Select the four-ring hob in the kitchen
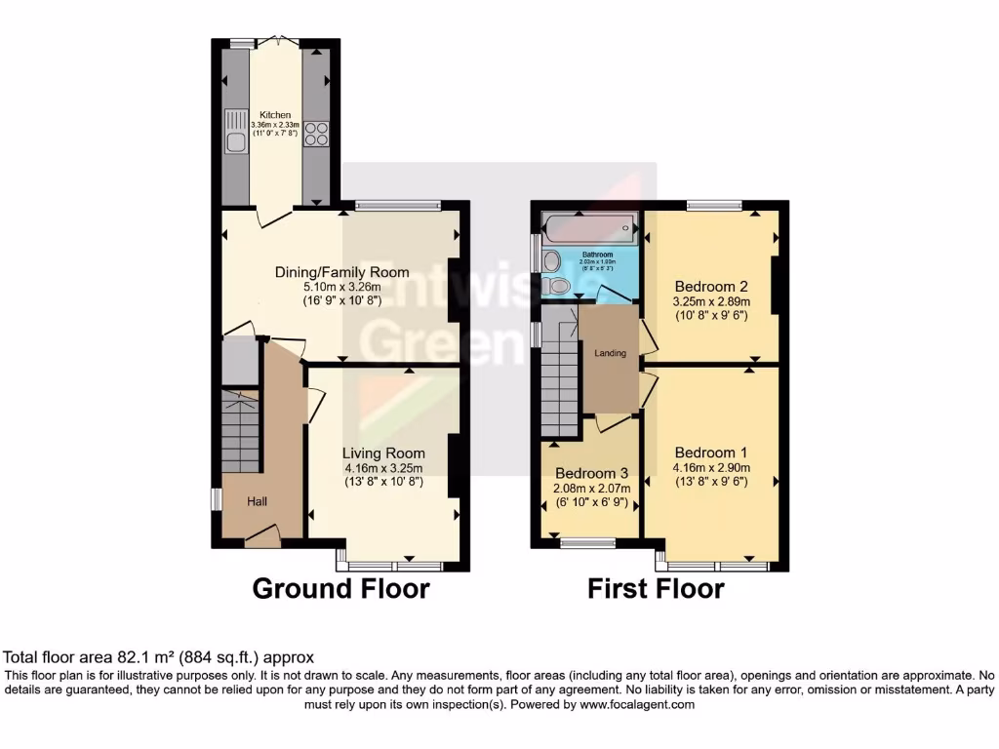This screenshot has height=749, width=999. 316,134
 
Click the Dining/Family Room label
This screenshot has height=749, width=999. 341,272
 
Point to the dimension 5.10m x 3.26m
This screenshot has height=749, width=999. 341,288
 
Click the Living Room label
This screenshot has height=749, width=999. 383,453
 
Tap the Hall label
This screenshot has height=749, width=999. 257,501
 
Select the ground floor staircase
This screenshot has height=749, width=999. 240,431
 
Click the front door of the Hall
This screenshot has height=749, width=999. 261,534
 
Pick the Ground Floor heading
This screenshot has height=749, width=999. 340,589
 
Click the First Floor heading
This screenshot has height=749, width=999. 656,589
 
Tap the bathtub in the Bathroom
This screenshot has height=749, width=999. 589,229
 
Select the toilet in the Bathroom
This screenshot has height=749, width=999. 559,286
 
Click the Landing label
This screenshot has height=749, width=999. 610,353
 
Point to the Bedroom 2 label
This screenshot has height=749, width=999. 711,287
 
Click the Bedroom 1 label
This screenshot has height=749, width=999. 710,453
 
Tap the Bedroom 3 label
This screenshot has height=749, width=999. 591,473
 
